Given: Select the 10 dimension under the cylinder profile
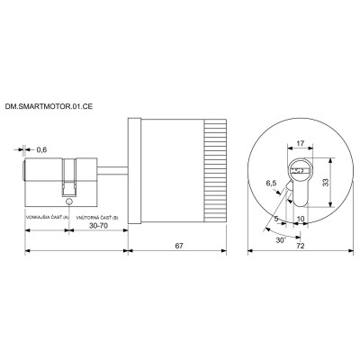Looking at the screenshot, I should tap(300, 217).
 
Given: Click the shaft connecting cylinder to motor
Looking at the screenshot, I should tap(108, 166).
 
